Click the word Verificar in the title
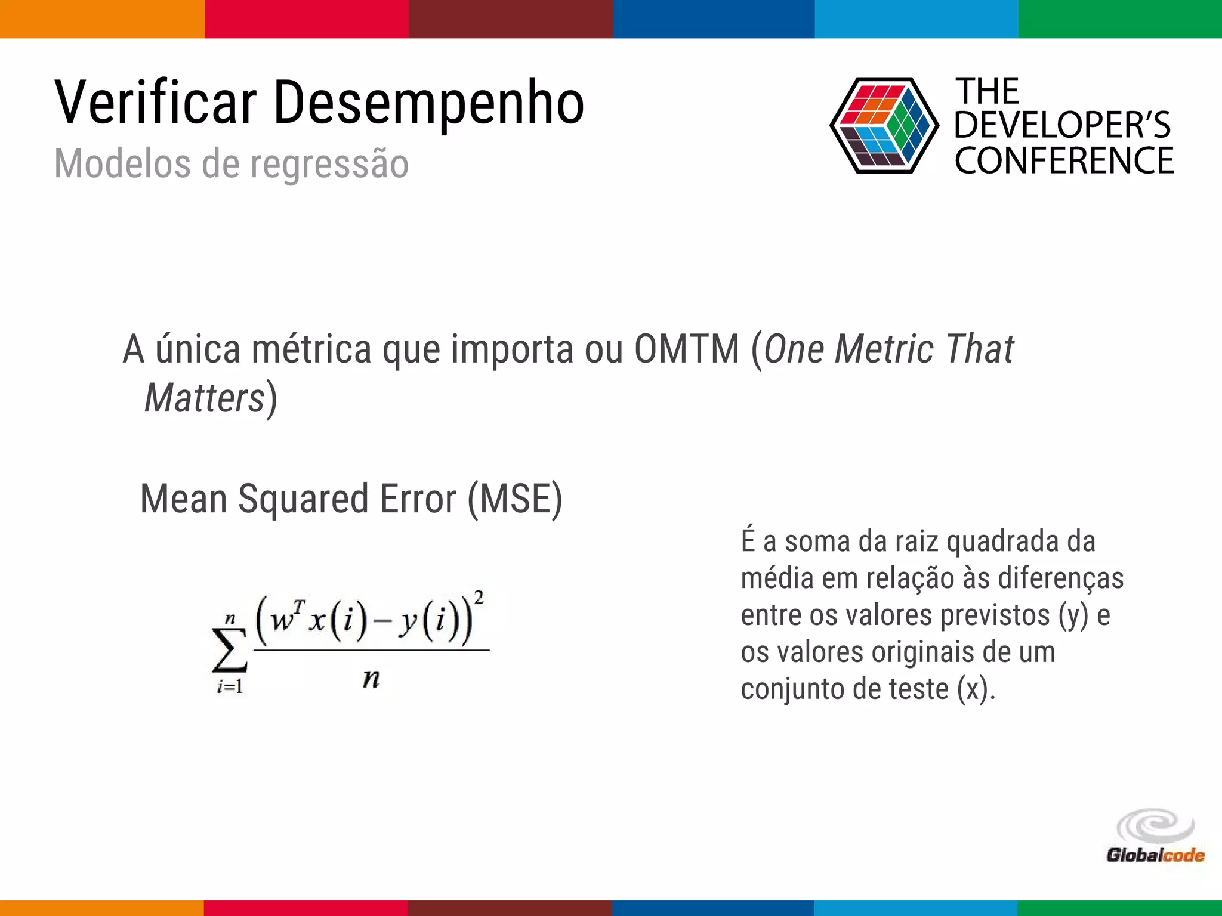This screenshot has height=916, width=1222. tap(155, 103)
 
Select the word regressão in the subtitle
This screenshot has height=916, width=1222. tap(329, 164)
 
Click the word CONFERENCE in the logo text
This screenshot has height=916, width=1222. tap(1064, 161)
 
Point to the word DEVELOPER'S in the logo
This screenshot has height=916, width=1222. tap(1062, 125)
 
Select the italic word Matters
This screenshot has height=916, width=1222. tap(204, 398)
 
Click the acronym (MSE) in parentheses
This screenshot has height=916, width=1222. tap(514, 499)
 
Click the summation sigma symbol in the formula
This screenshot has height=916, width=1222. tap(229, 650)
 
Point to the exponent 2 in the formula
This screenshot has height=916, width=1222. tap(479, 597)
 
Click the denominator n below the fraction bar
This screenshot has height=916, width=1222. tap(371, 679)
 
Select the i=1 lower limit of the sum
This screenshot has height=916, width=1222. tap(230, 687)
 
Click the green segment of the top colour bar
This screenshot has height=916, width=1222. tap(1120, 19)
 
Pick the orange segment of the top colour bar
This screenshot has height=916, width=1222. tap(101, 19)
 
